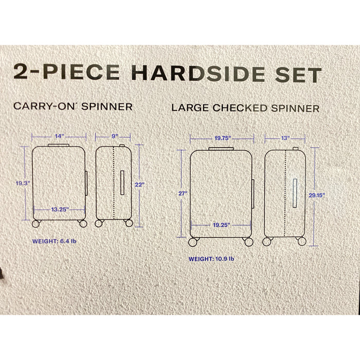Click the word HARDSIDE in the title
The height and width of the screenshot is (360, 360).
(x=198, y=73)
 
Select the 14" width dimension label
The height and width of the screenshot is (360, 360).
(x=59, y=136)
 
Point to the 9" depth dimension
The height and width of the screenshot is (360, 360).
(x=115, y=136)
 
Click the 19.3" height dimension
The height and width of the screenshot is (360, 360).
(x=23, y=183)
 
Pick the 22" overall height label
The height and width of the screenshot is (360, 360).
(x=139, y=185)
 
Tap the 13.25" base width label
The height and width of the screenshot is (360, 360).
(x=60, y=209)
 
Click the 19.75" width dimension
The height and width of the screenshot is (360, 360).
(x=223, y=138)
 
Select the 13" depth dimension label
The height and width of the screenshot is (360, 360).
(x=285, y=138)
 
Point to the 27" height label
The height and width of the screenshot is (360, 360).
(x=183, y=193)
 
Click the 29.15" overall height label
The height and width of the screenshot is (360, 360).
(x=317, y=195)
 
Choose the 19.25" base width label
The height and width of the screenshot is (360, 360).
(x=222, y=225)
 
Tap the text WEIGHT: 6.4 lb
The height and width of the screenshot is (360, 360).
(x=54, y=241)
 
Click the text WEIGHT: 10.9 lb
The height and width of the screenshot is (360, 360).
(x=211, y=259)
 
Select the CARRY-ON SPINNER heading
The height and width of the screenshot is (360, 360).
(x=73, y=106)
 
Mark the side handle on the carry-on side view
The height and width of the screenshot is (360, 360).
(x=122, y=183)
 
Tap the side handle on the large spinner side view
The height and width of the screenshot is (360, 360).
(x=295, y=193)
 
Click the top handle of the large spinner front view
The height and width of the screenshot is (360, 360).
(x=221, y=149)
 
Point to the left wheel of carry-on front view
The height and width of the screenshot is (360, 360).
(x=36, y=224)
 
